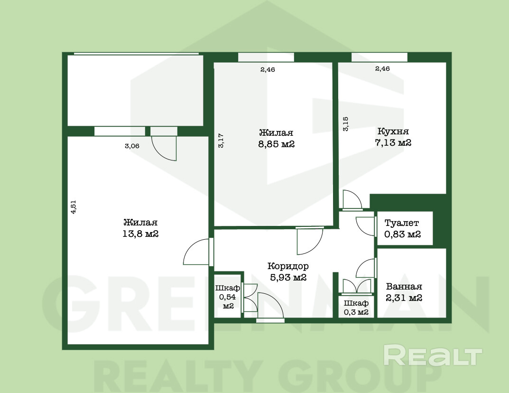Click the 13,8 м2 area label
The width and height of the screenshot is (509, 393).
click(140, 234)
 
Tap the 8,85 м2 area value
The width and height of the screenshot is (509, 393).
click(276, 144)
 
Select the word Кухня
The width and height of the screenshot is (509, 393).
click(393, 131)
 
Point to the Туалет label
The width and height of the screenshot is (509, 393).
click(401, 223)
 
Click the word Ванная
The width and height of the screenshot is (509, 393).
click(404, 287)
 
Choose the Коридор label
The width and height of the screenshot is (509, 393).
click(288, 266)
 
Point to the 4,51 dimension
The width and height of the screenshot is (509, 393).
click(74, 207)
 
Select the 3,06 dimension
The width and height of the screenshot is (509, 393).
click(132, 146)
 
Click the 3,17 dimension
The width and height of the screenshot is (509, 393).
click(221, 141)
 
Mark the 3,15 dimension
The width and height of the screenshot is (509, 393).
click(346, 124)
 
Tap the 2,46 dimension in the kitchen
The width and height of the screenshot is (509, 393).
click(382, 68)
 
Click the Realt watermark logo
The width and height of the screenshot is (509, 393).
click(433, 355)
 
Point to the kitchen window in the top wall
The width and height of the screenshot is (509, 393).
click(379, 57)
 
